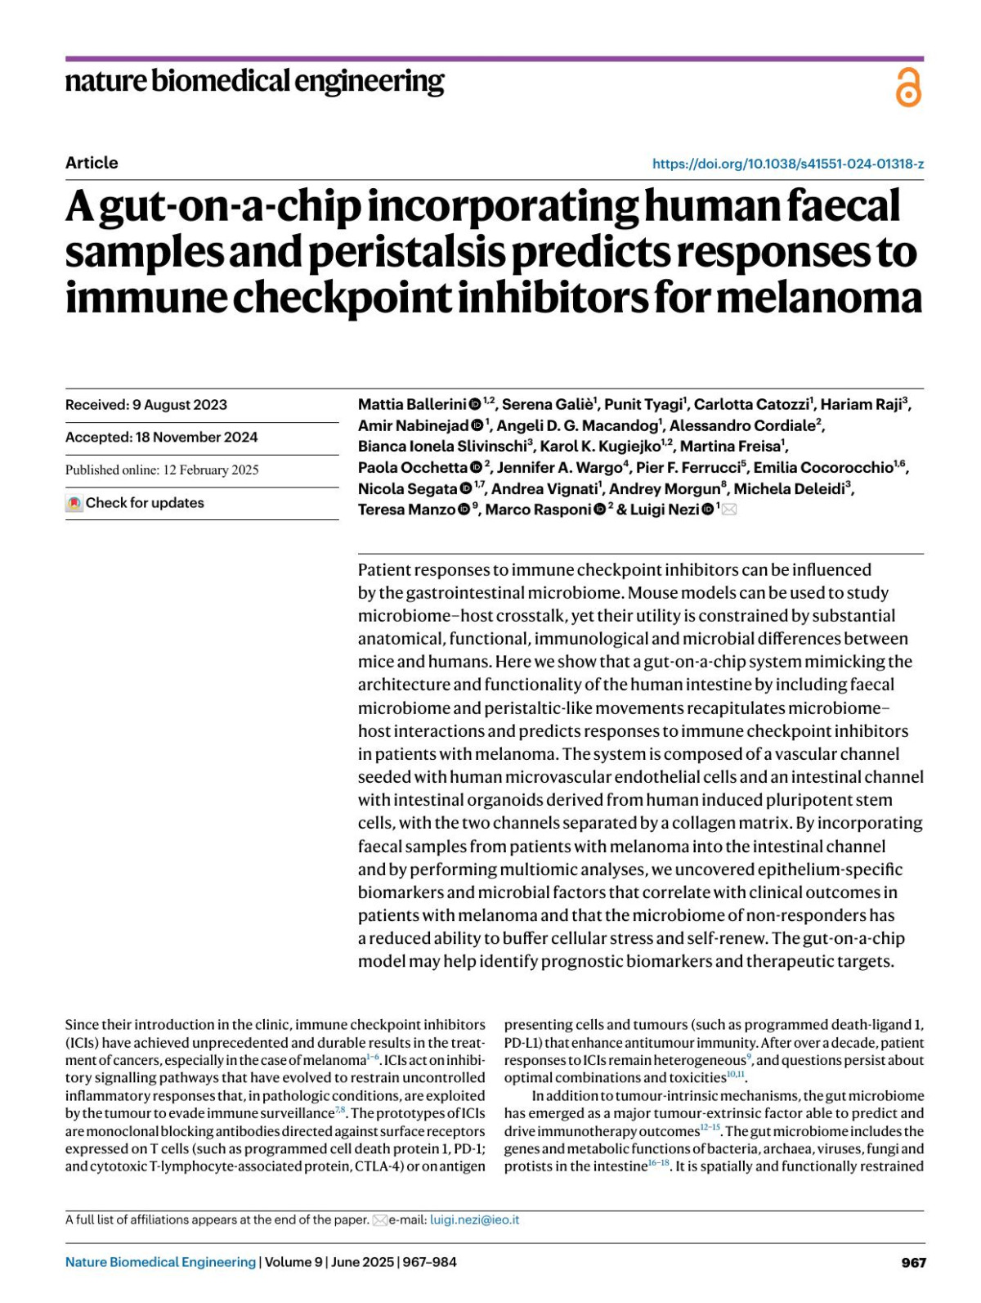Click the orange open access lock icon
coord(908,87)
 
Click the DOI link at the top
coord(787,164)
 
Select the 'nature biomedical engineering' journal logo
coord(254,82)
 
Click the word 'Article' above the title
coord(92,163)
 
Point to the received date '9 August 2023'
coord(180,405)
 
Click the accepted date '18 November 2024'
coord(196,438)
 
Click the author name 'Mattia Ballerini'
coord(412,404)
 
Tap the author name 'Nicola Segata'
coord(407,489)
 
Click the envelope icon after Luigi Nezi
coord(729,510)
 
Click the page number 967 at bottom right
coord(913,1262)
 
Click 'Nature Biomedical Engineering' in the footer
coord(160,1262)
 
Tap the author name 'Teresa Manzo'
coord(406,510)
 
